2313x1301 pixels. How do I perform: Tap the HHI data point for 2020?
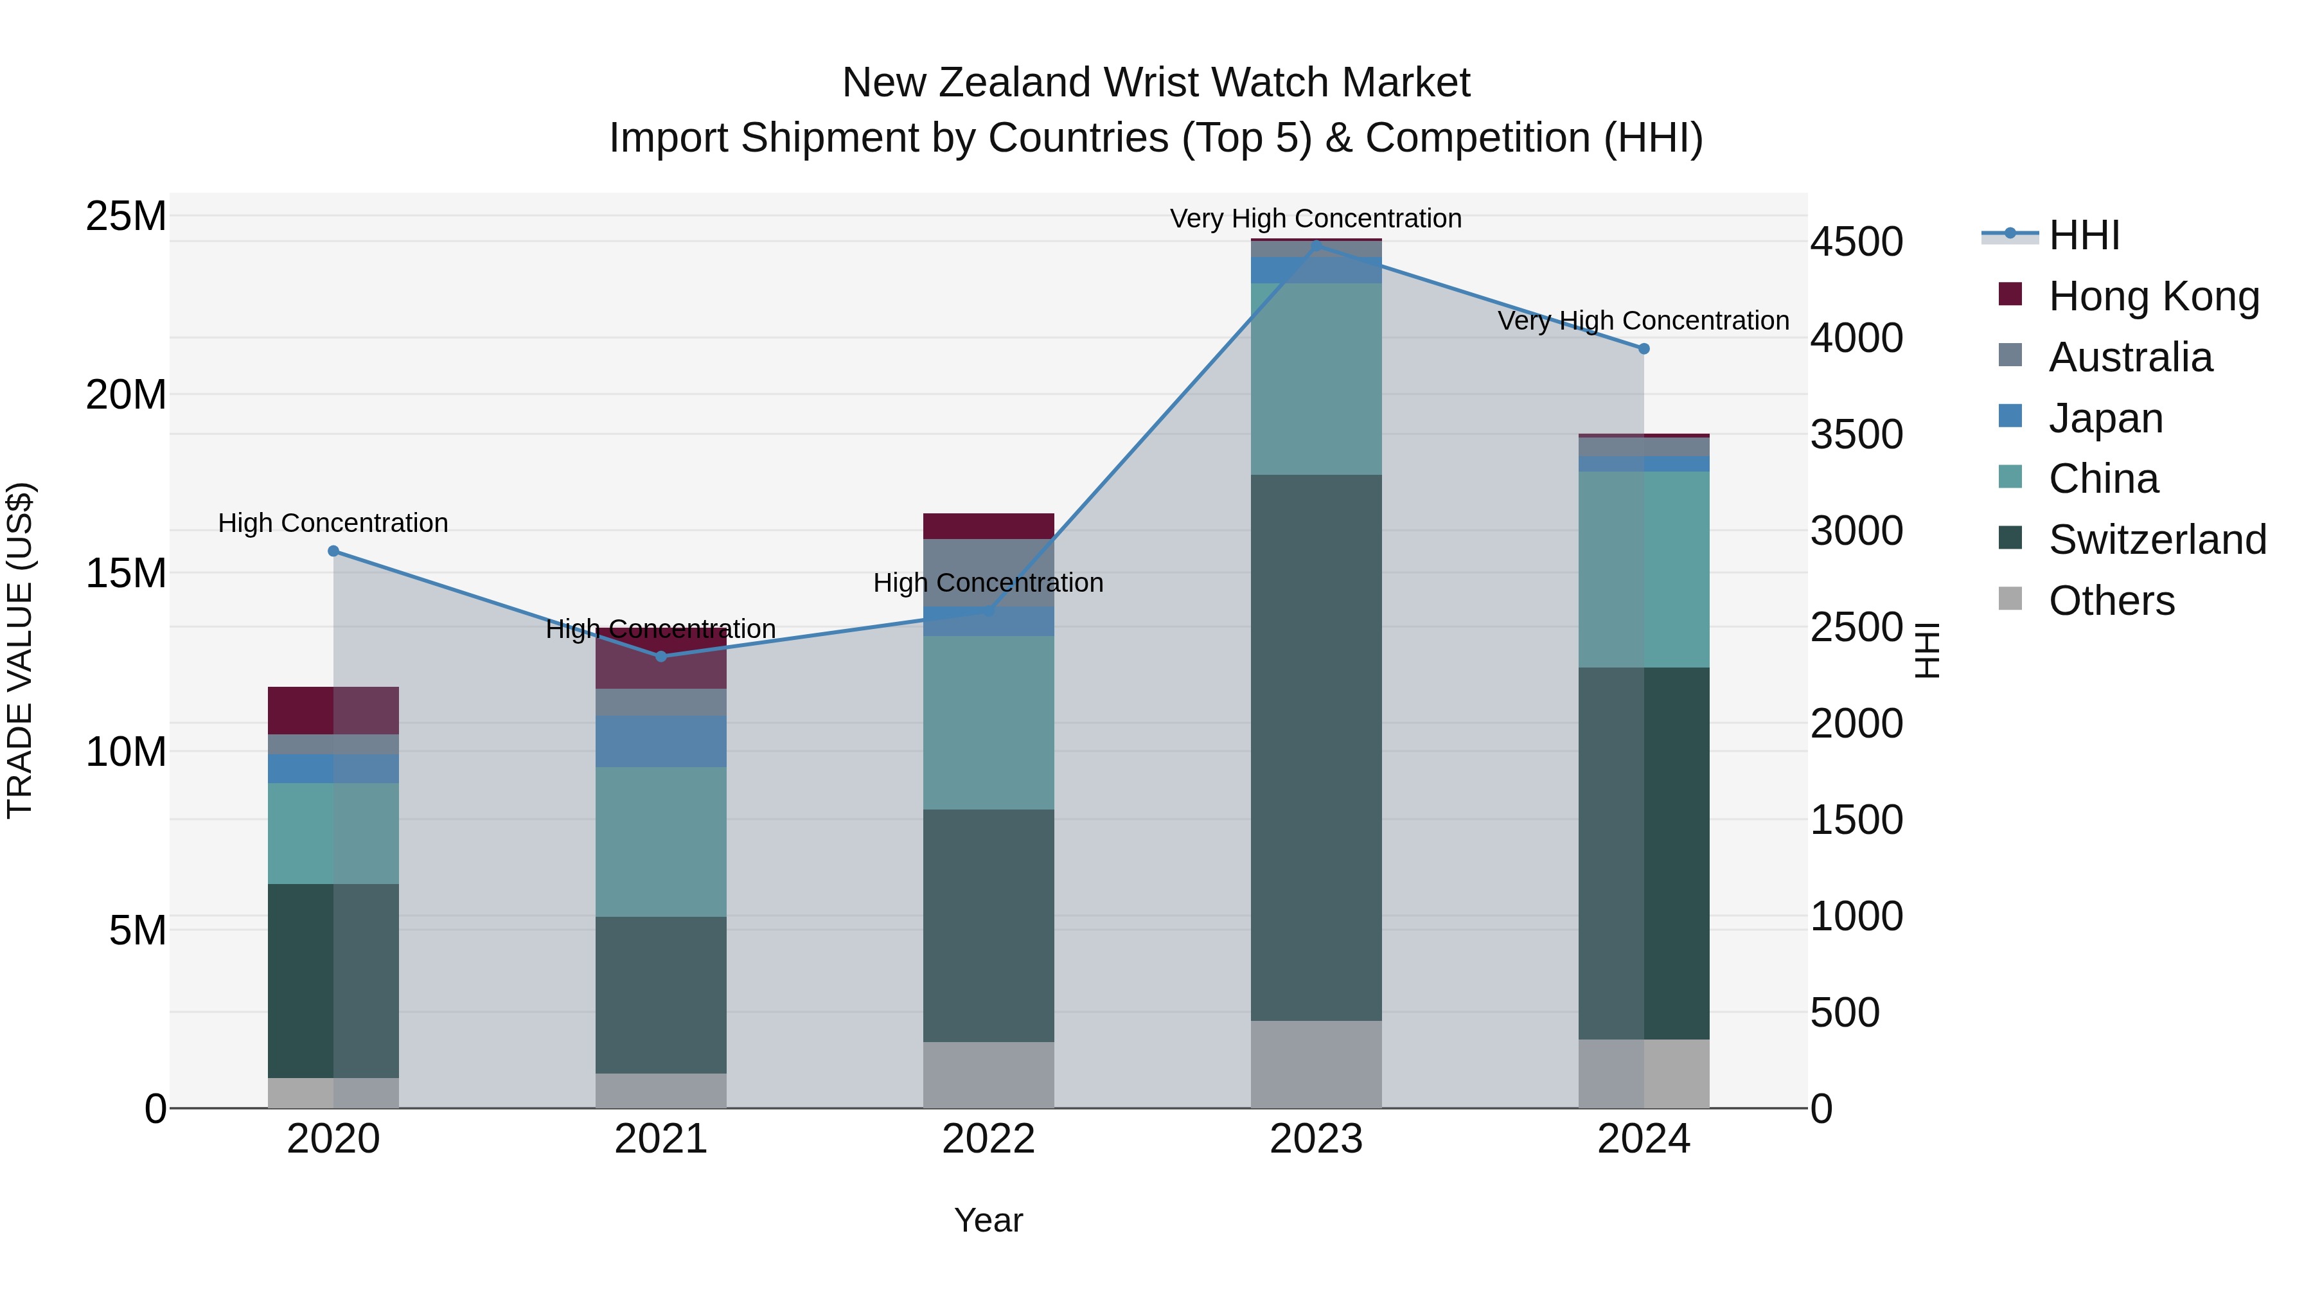click(x=333, y=551)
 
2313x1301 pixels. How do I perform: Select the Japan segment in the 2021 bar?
click(x=661, y=741)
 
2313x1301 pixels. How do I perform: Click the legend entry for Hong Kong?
click(x=2153, y=296)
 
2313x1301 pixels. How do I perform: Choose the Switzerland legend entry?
click(x=2157, y=540)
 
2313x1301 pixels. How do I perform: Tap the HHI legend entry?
click(x=2083, y=235)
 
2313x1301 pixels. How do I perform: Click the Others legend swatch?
click(x=2010, y=599)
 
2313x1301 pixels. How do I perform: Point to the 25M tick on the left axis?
click(x=126, y=217)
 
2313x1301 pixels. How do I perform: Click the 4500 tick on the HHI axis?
click(x=1855, y=242)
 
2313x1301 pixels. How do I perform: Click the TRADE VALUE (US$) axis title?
click(x=20, y=650)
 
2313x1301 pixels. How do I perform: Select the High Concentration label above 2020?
click(x=333, y=522)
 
